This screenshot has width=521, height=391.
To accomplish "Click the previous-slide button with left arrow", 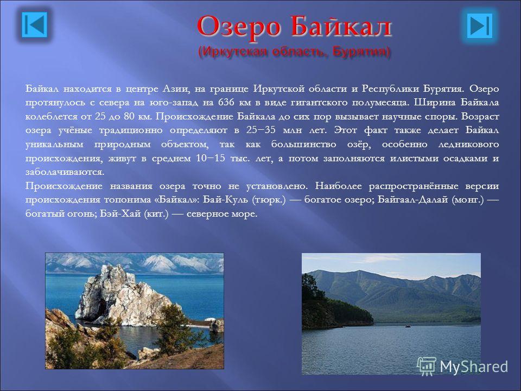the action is [35, 24].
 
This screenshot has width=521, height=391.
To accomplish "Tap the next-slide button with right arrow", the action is [479, 25].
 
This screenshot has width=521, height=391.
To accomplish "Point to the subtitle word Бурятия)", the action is [361, 52].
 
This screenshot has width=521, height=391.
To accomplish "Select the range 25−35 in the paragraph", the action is [261, 130].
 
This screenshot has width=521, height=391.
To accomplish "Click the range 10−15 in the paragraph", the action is [211, 158].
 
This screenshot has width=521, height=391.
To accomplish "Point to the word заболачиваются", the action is [65, 172].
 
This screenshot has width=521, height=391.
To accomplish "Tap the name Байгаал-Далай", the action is [413, 199].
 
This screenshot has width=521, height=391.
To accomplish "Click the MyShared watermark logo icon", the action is [427, 367].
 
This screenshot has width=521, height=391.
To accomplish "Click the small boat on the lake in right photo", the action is [408, 326].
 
